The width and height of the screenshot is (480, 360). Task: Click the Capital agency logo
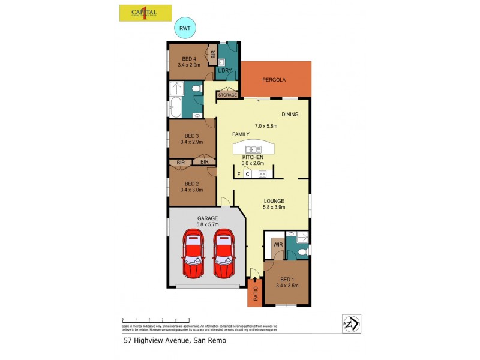click(145, 13)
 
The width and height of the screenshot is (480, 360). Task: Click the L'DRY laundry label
click(224, 71)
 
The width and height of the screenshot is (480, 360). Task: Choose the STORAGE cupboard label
click(227, 95)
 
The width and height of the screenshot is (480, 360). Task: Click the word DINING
click(290, 115)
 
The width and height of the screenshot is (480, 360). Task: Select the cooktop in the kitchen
click(262, 174)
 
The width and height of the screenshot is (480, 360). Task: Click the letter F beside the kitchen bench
click(239, 174)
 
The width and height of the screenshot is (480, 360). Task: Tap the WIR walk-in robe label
click(278, 245)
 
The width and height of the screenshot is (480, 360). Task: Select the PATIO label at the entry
click(255, 294)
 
